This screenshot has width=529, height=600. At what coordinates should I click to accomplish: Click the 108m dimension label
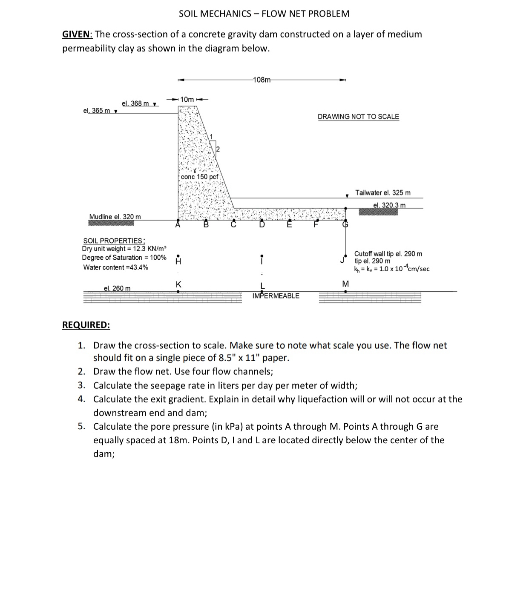[262, 80]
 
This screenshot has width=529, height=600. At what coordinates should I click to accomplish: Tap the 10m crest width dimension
[187, 99]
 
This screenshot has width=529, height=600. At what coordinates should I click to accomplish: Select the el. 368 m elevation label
[135, 103]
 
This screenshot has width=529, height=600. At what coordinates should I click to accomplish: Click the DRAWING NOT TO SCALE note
[358, 117]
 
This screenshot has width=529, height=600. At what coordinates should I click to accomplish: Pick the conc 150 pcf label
[199, 177]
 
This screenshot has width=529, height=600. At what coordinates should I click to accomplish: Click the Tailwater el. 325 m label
[383, 193]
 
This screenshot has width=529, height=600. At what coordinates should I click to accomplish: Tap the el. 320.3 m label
[389, 205]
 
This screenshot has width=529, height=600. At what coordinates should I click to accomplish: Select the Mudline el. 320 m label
[115, 217]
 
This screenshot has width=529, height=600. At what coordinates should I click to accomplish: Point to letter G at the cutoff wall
[345, 225]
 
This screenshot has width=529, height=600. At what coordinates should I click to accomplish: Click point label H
[178, 262]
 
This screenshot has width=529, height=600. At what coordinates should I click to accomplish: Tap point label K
[178, 284]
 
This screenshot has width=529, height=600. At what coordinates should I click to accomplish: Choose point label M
[345, 284]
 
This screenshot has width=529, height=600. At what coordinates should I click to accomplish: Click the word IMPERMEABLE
[276, 296]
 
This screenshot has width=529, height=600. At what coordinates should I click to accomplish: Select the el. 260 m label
[117, 288]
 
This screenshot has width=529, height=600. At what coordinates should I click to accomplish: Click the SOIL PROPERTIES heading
[114, 241]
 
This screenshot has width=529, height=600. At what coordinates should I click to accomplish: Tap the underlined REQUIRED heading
[86, 325]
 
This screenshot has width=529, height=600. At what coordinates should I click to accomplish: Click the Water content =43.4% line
[116, 267]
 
